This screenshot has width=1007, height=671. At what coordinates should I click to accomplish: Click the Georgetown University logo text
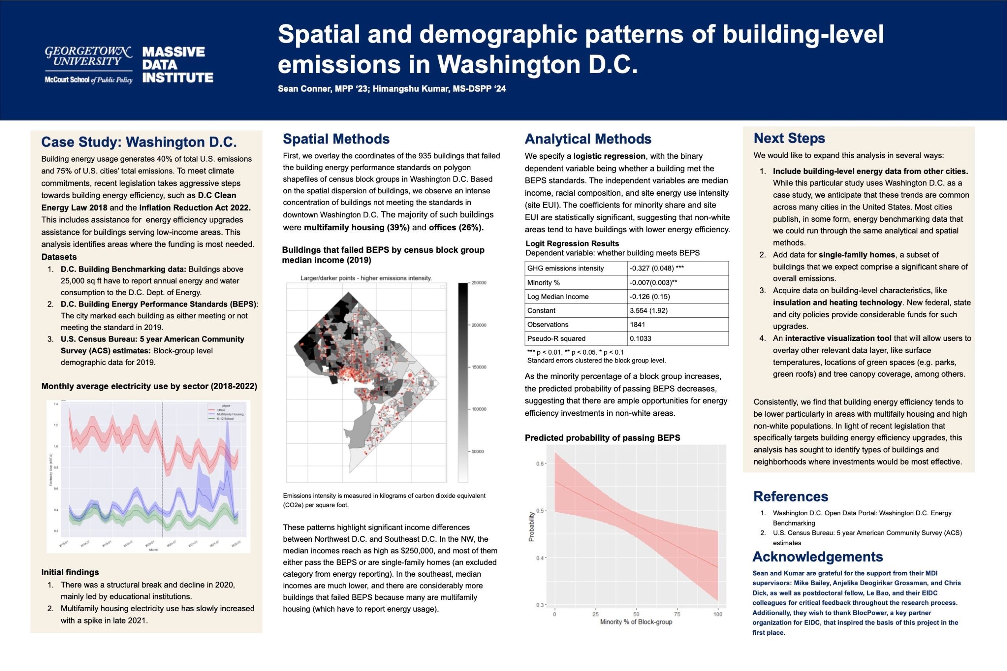(89, 57)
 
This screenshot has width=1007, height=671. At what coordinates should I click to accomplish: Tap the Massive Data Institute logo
(178, 64)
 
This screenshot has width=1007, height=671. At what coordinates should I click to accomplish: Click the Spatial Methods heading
(336, 139)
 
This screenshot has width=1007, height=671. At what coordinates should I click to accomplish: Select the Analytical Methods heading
(588, 139)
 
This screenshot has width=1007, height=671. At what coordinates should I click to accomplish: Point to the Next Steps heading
(789, 138)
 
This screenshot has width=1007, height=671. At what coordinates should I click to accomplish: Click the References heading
(790, 496)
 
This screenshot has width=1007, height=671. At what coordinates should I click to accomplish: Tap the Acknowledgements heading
(817, 556)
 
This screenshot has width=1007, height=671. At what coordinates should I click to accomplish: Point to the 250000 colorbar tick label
(480, 283)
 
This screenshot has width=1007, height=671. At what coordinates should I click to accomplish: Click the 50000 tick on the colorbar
(478, 452)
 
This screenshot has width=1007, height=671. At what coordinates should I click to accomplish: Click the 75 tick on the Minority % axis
(677, 614)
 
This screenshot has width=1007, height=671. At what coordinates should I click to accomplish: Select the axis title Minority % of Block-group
(636, 622)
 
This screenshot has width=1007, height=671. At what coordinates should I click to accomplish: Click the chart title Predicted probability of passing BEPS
(602, 438)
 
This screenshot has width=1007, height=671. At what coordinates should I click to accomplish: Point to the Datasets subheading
(59, 257)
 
